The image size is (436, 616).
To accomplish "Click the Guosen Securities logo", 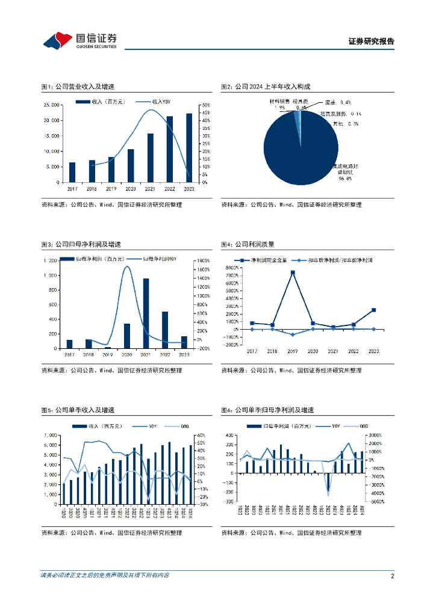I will coord(79,40).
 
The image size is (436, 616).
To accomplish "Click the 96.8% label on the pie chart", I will coord(345,179).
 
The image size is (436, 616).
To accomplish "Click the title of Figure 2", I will coord(269,87).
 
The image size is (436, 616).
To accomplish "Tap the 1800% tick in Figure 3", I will coord(203,260).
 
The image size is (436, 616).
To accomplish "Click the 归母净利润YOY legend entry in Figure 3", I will coord(160,259).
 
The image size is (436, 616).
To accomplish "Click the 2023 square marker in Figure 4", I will coord(373,310).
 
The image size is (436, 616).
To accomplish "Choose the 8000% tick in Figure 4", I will coord(232,267).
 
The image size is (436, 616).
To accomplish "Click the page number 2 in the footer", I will coord(392,576).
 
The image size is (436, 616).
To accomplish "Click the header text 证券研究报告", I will coord(371,42).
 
